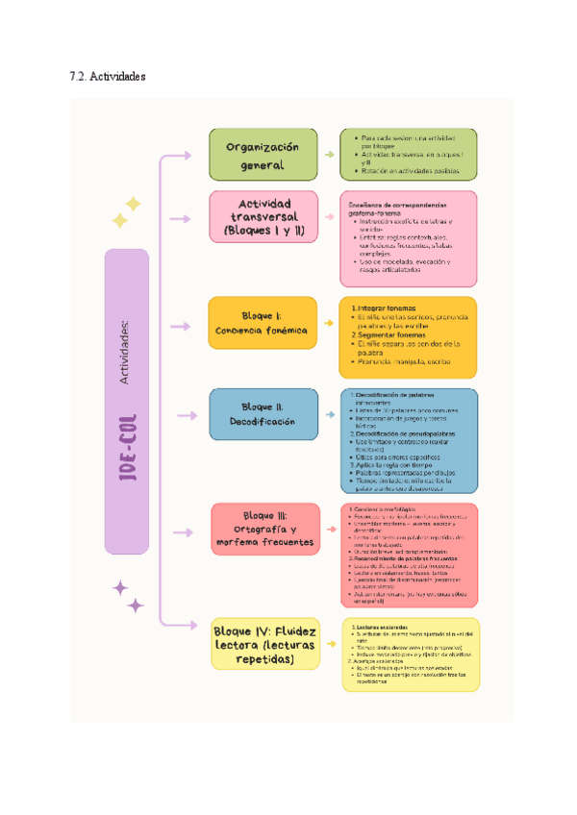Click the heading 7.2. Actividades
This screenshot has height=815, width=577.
coord(108,76)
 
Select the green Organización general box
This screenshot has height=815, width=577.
coord(263,155)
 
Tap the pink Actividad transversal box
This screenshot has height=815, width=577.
coord(263,218)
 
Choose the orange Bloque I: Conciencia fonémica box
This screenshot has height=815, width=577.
coord(263,323)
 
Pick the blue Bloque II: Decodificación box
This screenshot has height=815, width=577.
coord(263,413)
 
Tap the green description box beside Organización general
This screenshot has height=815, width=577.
coord(409,154)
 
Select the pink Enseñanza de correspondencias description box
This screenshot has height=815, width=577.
coord(409,238)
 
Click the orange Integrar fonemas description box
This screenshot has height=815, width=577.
coord(409,336)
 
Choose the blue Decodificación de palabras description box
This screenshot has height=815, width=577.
coord(409,440)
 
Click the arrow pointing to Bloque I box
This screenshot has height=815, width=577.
coord(181,327)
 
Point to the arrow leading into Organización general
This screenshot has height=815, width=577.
coord(181,155)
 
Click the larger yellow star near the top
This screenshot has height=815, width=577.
coord(132,204)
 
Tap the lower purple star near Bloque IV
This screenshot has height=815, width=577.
coord(137,605)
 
